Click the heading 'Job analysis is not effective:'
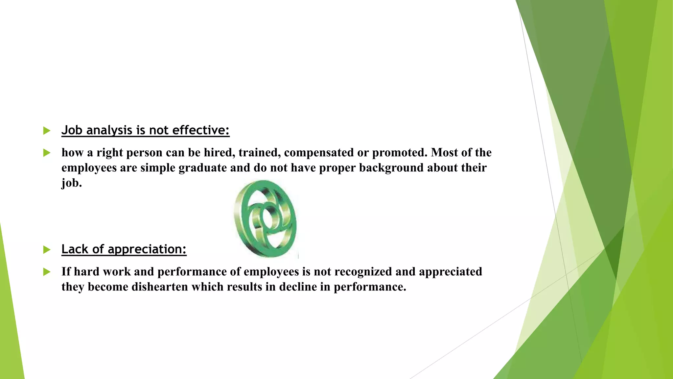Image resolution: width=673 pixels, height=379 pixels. [145, 130]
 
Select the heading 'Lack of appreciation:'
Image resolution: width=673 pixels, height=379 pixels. [124, 249]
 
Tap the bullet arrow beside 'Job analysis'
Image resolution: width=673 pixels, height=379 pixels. [47, 131]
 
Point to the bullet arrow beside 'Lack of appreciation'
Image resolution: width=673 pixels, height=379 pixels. [47, 250]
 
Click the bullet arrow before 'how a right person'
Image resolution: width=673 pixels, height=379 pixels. [47, 153]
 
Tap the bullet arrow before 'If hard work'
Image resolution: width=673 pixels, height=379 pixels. [47, 272]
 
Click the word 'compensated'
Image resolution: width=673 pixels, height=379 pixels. [318, 153]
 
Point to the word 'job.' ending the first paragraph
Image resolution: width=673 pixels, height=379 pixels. [71, 183]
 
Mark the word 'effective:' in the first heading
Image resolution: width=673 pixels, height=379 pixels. [200, 130]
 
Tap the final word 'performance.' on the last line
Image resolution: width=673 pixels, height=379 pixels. [370, 287]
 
